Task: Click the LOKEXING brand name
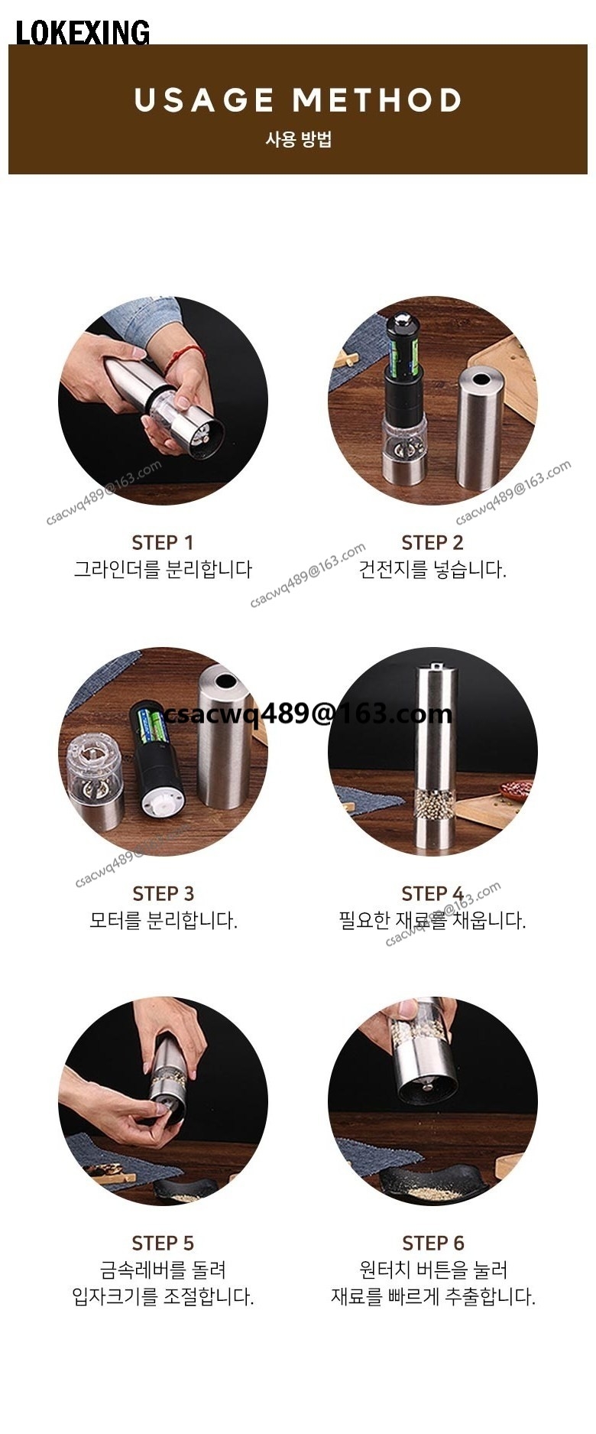pos(83,32)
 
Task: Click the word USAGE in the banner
pos(205,100)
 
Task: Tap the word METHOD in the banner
pos(377,100)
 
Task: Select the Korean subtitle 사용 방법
pos(298,139)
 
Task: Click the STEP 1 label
pos(163,542)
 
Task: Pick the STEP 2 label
pos(432,542)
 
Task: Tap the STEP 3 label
pos(163,893)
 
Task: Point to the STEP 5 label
pos(163,1243)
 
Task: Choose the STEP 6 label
pos(433,1243)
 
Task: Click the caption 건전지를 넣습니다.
pos(432,570)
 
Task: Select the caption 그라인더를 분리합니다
pos(163,570)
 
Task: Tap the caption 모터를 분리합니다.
pos(164,920)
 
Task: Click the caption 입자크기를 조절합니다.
pos(163,1296)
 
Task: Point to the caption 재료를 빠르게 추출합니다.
pos(433,1296)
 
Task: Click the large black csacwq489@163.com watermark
pos(308,714)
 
